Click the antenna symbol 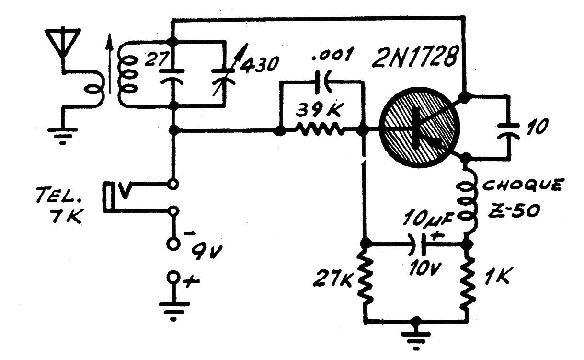point(63,42)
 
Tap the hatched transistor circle point(420,128)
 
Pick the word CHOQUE point(523,185)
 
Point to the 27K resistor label point(333,279)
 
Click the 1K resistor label point(497,275)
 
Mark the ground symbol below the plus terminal point(174,311)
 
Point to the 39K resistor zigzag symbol point(320,129)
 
